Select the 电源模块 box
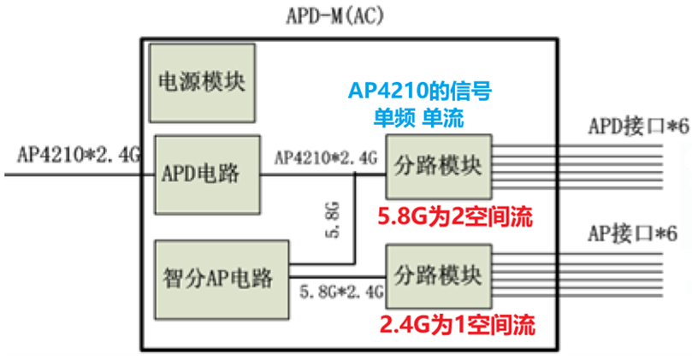click(x=202, y=82)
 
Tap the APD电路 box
click(x=206, y=174)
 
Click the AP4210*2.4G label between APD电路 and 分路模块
click(x=325, y=158)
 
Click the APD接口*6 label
click(x=638, y=126)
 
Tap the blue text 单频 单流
click(x=418, y=118)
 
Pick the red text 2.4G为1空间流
click(x=458, y=325)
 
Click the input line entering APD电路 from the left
click(x=77, y=174)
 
